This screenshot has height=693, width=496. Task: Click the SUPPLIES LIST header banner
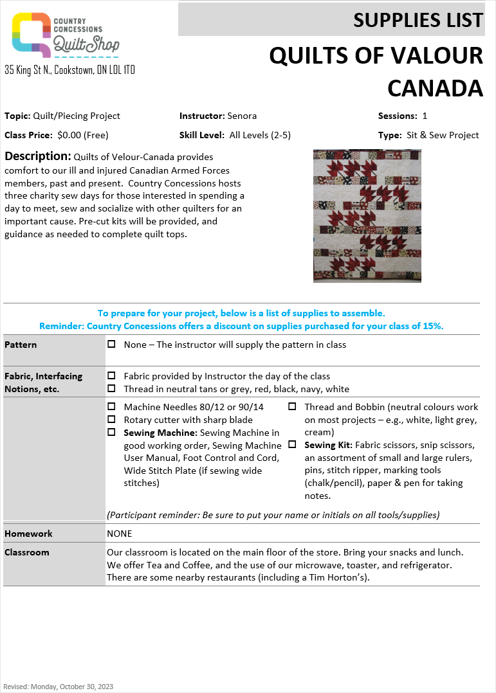tap(331, 20)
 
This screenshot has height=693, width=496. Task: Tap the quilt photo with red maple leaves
tap(367, 216)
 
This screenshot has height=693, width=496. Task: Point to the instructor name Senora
tap(242, 116)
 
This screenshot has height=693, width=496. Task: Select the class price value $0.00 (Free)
tap(83, 135)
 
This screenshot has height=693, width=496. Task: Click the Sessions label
tap(398, 116)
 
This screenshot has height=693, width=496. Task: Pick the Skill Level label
tap(202, 135)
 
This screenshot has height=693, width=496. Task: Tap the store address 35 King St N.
tap(69, 69)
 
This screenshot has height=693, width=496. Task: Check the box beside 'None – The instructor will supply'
tap(112, 345)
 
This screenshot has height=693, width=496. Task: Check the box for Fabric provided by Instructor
tap(112, 376)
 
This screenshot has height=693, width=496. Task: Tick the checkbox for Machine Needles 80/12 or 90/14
tap(112, 407)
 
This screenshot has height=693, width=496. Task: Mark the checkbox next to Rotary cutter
tap(112, 420)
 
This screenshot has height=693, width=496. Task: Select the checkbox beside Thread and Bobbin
tap(292, 407)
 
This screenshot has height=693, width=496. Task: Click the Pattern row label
tap(21, 345)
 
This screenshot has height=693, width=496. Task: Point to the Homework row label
tap(28, 534)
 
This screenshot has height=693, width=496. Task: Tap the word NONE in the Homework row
tap(120, 534)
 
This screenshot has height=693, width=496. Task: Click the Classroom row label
tap(27, 552)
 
